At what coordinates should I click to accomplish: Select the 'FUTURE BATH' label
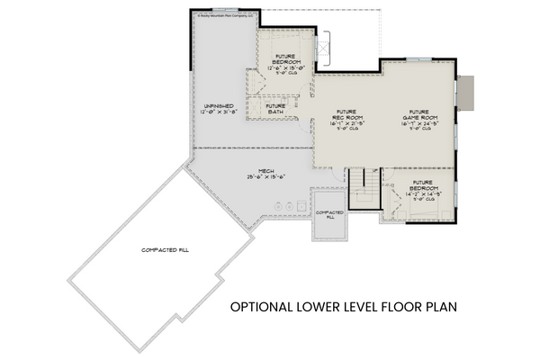tap(276, 109)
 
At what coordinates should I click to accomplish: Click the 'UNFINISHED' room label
tap(219, 105)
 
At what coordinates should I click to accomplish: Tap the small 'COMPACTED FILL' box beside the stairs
tap(325, 214)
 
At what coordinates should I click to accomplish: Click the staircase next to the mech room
tap(364, 189)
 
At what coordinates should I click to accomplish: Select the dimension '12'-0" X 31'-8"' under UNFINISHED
tap(219, 112)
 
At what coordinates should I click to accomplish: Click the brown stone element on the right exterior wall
tap(465, 90)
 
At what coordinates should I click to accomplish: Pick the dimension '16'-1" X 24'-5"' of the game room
tap(422, 124)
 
